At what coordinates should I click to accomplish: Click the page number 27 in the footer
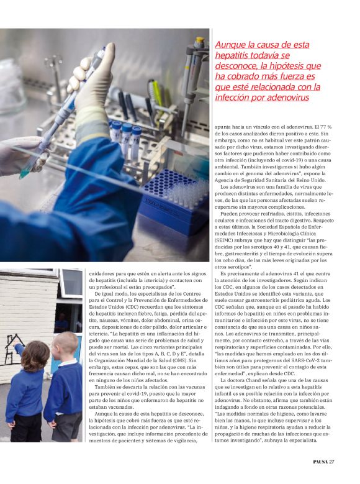point(332,461)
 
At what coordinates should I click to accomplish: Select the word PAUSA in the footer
point(317,461)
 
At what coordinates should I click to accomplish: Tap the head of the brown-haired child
point(35,355)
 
